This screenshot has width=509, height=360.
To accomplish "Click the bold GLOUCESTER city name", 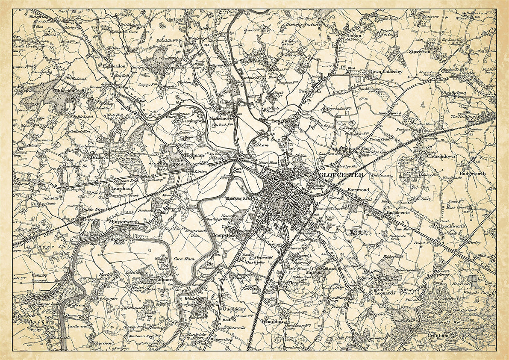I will [x=341, y=175].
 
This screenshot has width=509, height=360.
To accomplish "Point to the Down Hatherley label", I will [x=386, y=72].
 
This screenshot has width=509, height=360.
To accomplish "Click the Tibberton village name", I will [x=64, y=91].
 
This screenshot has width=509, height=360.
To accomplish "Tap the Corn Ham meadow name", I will [x=185, y=259].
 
